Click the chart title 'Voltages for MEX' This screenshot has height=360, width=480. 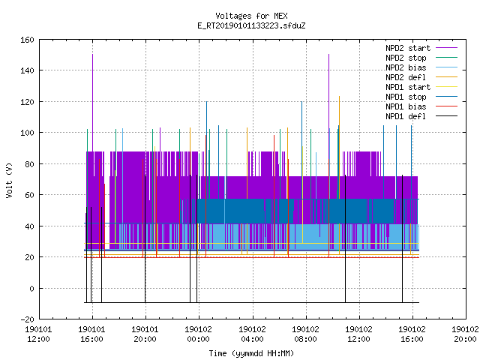click(251, 16)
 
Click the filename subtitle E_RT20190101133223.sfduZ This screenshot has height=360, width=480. click(251, 25)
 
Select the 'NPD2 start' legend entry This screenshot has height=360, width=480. click(421, 48)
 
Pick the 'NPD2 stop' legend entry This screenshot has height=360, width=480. click(421, 58)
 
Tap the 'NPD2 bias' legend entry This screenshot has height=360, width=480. click(421, 67)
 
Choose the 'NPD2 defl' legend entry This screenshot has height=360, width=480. click(421, 77)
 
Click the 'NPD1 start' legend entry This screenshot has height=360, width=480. click(421, 87)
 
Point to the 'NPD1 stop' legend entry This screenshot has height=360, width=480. click(421, 97)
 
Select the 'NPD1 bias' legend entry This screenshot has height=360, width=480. click(421, 106)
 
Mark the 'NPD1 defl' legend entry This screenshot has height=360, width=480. click(421, 117)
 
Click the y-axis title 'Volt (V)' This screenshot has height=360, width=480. click(9, 180)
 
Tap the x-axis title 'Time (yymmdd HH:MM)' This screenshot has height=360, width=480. click(251, 353)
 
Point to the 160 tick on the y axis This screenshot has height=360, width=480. click(27, 40)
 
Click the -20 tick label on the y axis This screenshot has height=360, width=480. click(27, 319)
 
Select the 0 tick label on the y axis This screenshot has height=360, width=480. click(31, 289)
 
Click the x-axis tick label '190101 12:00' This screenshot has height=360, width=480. click(38, 334)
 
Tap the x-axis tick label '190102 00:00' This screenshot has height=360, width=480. click(198, 334)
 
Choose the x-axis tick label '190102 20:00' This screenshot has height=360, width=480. click(465, 334)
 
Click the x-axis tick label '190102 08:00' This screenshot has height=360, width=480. click(305, 334)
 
